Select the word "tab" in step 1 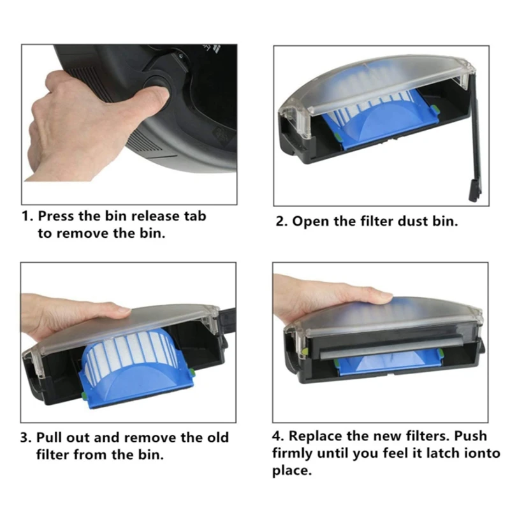tap(193, 216)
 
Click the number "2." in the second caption tap(284, 222)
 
